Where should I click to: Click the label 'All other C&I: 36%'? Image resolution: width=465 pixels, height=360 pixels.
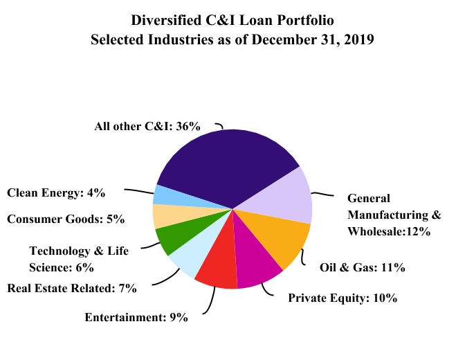(x=147, y=127)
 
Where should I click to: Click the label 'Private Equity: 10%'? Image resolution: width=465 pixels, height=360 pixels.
(x=342, y=299)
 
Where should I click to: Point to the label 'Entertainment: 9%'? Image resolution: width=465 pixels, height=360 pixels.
(x=136, y=318)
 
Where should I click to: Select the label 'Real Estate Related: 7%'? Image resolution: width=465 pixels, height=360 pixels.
(x=71, y=287)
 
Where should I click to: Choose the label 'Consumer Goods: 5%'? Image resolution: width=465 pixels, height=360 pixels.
(x=65, y=219)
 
